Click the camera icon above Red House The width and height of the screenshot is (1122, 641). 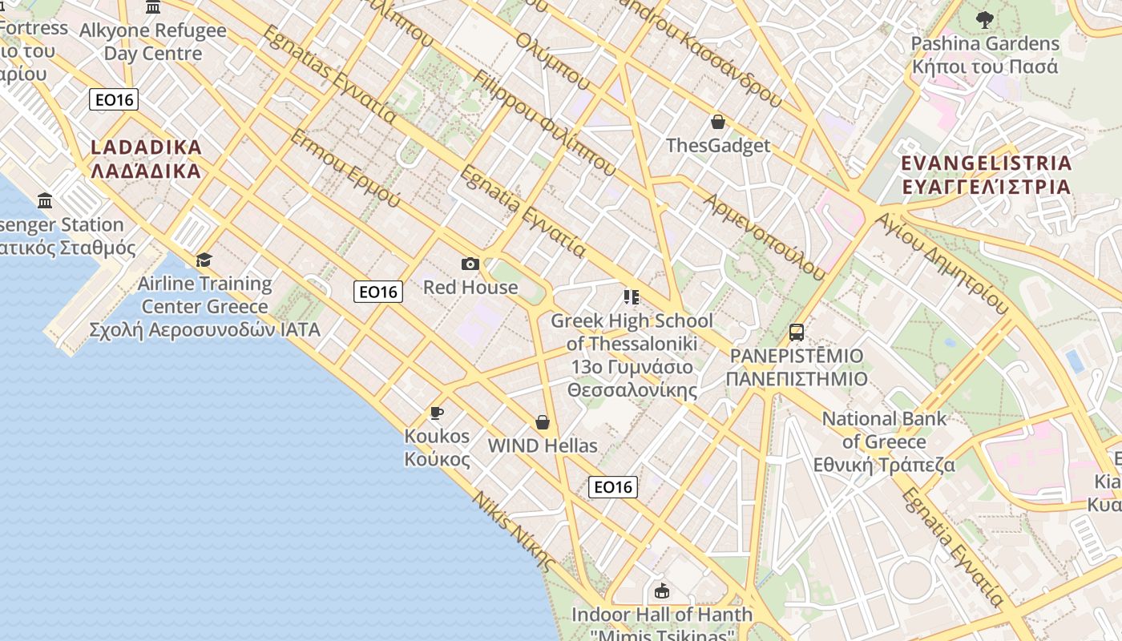point(470,264)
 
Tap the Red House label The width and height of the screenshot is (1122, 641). point(470,287)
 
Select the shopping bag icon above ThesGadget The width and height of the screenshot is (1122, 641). point(718,122)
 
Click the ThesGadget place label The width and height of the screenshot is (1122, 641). point(718,145)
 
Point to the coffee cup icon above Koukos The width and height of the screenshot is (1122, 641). point(437,413)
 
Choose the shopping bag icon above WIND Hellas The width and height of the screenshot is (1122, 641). point(543,422)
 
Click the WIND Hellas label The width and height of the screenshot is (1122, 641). point(543,445)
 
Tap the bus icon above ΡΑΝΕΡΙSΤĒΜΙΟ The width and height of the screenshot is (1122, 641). point(797,333)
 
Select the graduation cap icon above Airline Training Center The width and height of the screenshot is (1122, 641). point(204,260)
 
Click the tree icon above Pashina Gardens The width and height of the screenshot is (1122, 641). point(985,20)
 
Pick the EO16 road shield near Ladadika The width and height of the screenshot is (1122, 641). point(114,99)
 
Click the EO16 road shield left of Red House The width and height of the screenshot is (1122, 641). point(378,292)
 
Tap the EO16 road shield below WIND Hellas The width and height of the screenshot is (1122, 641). point(613,486)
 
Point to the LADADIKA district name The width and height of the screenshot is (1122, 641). point(146,159)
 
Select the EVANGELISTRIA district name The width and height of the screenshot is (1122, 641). point(987,175)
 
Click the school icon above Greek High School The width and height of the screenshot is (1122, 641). point(632,297)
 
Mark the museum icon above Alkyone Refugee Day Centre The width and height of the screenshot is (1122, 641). point(153,8)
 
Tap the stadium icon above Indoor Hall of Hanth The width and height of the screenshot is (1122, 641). point(662,591)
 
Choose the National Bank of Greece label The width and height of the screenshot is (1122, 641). point(884,441)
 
